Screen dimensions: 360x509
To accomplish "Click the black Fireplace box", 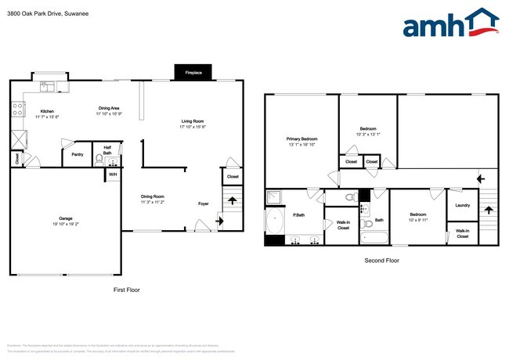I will pos(193,72).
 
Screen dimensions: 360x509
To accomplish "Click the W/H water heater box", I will pos(113,175).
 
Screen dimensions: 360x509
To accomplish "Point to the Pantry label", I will pos(78,155).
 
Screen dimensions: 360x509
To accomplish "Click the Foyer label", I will pos(203,203).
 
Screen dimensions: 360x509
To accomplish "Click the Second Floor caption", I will pos(381,261).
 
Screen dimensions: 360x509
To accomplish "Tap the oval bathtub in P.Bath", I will pos(274,222).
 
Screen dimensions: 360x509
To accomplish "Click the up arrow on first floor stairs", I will pos(231,200).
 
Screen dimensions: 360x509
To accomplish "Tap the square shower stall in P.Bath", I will pos(274,196).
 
